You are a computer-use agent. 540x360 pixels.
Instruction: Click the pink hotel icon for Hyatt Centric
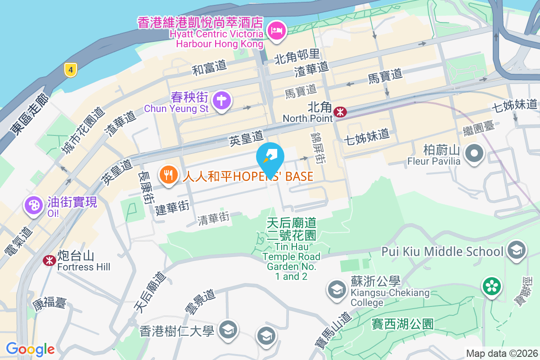tap(275, 31)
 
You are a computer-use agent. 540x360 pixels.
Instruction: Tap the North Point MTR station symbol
tap(340, 112)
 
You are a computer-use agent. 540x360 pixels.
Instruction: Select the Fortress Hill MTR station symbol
tap(49, 260)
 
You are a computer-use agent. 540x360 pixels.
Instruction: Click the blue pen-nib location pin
tap(270, 157)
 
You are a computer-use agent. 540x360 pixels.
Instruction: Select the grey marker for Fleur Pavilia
tap(473, 153)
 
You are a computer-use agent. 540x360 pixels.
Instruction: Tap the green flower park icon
tap(491, 286)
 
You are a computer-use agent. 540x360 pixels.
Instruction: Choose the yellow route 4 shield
tap(70, 70)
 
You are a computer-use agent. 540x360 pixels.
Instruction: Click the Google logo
tap(30, 349)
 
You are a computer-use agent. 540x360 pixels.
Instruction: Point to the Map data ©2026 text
tap(501, 353)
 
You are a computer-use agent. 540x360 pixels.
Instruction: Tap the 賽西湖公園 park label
tap(403, 324)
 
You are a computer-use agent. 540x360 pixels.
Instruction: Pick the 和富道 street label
tap(209, 68)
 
